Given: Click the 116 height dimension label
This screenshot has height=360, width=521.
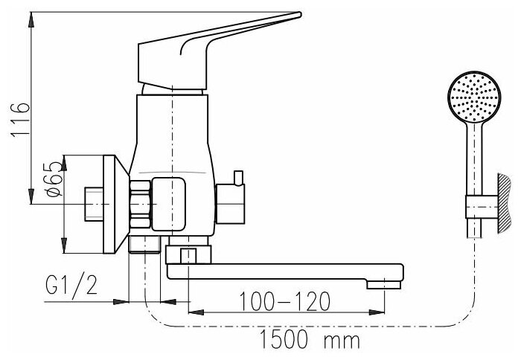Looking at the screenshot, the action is [x=20, y=120].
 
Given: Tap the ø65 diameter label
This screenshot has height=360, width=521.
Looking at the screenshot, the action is [x=54, y=179].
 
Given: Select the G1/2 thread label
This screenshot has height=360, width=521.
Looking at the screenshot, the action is [x=71, y=285].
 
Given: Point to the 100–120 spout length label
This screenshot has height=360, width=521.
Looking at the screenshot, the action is [x=285, y=301].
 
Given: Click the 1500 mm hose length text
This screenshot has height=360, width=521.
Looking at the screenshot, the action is [x=310, y=340].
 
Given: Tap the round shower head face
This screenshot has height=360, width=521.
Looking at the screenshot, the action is [x=474, y=97].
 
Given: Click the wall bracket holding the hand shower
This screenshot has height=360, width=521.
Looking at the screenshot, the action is [x=482, y=207].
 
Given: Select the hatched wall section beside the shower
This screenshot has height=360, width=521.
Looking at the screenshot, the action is [x=504, y=203].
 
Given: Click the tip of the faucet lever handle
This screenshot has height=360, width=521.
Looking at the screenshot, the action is [x=299, y=15].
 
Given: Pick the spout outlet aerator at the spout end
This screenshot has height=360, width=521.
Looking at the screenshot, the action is [x=384, y=285].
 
